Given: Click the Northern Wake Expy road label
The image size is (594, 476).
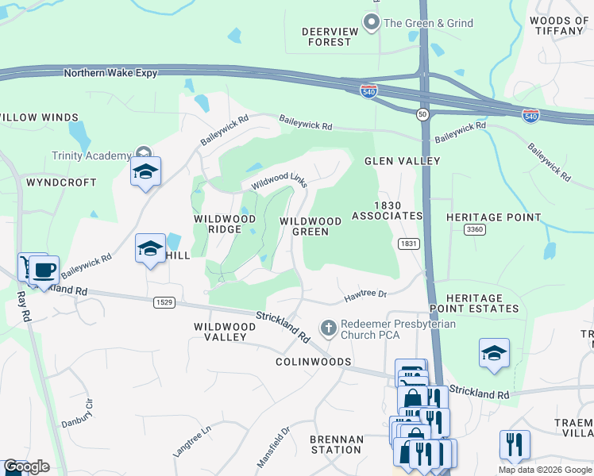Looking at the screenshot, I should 110,73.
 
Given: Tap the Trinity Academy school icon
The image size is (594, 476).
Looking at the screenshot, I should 145,173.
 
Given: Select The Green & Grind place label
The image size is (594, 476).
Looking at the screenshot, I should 428,23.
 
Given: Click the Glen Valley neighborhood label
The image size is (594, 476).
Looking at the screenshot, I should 402,161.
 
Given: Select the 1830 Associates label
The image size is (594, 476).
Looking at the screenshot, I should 387,210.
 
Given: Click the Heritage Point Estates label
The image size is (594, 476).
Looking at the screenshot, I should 474,302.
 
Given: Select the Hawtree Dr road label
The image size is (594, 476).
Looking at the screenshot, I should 364,296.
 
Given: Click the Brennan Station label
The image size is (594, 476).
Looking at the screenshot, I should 336,444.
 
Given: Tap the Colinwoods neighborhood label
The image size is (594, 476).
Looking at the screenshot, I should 313,362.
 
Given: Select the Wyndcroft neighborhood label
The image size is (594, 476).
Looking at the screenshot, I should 61,182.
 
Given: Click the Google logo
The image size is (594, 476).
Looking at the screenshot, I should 26,467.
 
